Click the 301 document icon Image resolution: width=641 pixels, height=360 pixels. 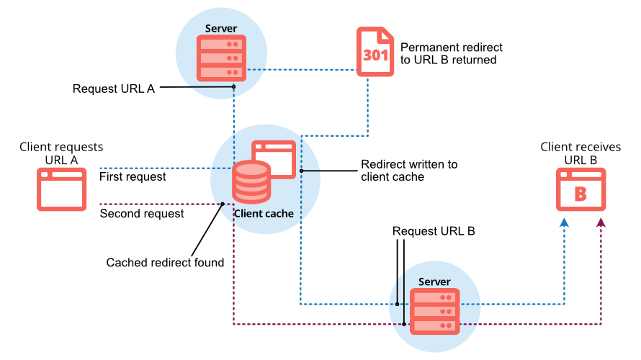click(375, 53)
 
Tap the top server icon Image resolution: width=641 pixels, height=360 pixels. click(221, 58)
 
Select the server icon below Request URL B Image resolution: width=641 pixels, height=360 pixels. click(434, 311)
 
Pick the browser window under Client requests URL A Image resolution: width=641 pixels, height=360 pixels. click(62, 189)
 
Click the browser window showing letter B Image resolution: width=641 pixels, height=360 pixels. click(581, 189)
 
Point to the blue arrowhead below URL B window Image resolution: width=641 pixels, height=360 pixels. click(564, 224)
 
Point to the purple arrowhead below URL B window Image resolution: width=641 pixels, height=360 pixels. click(601, 224)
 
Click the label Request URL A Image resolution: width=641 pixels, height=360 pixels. click(114, 89)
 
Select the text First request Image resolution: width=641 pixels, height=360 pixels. click(133, 176)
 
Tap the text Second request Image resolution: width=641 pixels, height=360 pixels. click(141, 213)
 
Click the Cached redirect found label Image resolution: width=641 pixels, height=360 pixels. click(165, 263)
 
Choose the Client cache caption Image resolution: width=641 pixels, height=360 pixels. click(263, 214)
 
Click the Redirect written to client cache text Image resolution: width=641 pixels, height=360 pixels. click(408, 171)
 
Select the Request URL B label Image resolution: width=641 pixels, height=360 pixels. click(433, 232)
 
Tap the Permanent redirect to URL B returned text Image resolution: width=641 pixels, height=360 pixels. click(451, 53)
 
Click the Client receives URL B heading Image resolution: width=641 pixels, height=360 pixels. click(581, 153)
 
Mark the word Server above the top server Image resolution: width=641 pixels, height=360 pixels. click(220, 29)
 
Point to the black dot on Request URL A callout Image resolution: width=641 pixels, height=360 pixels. click(234, 87)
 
